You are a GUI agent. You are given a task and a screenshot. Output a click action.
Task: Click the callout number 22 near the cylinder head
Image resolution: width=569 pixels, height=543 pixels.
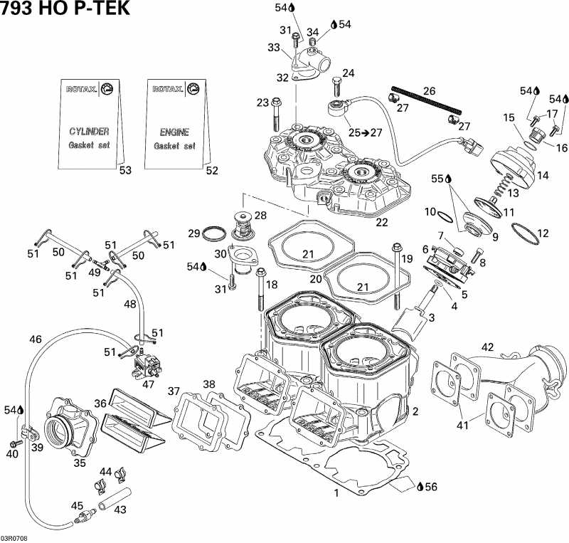[382, 222]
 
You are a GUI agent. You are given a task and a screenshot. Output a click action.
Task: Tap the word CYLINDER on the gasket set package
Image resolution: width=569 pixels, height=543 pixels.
[89, 131]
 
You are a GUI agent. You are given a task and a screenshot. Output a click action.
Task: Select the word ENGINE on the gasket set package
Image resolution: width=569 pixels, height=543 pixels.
[174, 132]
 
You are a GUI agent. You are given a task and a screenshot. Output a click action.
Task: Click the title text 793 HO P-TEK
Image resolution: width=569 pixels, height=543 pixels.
[65, 9]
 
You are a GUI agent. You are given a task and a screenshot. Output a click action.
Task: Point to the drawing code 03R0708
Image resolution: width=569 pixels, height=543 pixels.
[14, 538]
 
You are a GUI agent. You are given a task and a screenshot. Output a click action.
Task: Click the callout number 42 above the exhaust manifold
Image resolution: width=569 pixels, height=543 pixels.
[487, 347]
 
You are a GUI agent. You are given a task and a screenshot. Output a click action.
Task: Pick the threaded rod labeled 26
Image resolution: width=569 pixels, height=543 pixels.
[426, 100]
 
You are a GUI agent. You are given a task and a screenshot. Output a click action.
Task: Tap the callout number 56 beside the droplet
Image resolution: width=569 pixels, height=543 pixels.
[431, 486]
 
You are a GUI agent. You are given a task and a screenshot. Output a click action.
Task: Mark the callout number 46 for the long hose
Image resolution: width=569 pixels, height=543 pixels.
[36, 339]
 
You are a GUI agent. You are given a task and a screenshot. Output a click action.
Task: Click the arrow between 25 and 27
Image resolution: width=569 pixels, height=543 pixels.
[366, 133]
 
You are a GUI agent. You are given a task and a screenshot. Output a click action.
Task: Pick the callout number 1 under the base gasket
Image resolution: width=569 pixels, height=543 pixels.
[336, 492]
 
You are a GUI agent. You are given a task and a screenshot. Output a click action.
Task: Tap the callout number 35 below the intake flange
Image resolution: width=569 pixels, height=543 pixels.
[80, 463]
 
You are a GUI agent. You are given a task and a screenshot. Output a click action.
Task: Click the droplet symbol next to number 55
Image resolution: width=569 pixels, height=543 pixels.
[448, 179]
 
